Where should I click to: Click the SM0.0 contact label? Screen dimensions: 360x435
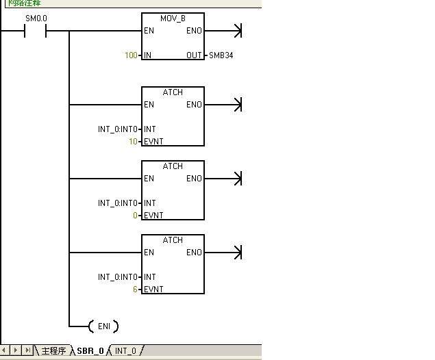point(36,18)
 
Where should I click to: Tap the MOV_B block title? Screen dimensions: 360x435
point(173,18)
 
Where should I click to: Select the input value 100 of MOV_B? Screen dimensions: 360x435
point(131,55)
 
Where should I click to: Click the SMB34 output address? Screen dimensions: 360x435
point(220,55)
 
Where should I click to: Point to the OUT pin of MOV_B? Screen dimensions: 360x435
point(194,55)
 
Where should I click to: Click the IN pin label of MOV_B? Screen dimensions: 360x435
point(148,55)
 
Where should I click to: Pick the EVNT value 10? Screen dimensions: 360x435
point(134,142)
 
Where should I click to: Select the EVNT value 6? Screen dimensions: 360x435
point(136,290)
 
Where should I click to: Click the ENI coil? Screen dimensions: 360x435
point(104,326)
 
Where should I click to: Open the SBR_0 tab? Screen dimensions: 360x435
point(90,351)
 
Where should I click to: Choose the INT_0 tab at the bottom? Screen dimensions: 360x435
point(125,351)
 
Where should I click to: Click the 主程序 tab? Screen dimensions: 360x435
point(53,351)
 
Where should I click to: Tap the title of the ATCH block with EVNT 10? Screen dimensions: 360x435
point(173,92)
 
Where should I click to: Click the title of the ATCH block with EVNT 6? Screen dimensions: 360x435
point(173,240)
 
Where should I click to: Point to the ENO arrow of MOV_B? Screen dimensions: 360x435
point(237,31)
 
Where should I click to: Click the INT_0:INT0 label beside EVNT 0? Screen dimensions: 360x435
point(118,203)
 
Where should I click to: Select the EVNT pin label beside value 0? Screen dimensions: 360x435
point(153,216)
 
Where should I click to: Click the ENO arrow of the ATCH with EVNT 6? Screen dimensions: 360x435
point(237,253)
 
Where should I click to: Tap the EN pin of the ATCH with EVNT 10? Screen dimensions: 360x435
point(149,105)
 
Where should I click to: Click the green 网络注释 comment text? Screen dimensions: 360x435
point(25,3)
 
